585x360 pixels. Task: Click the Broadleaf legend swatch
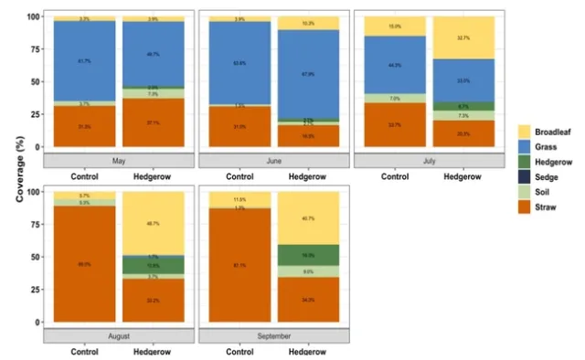point(526,131)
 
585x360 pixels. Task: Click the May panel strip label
point(120,160)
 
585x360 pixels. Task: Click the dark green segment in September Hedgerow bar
point(310,255)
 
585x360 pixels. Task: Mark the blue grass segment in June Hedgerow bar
point(310,75)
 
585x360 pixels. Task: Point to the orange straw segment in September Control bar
point(240,265)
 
